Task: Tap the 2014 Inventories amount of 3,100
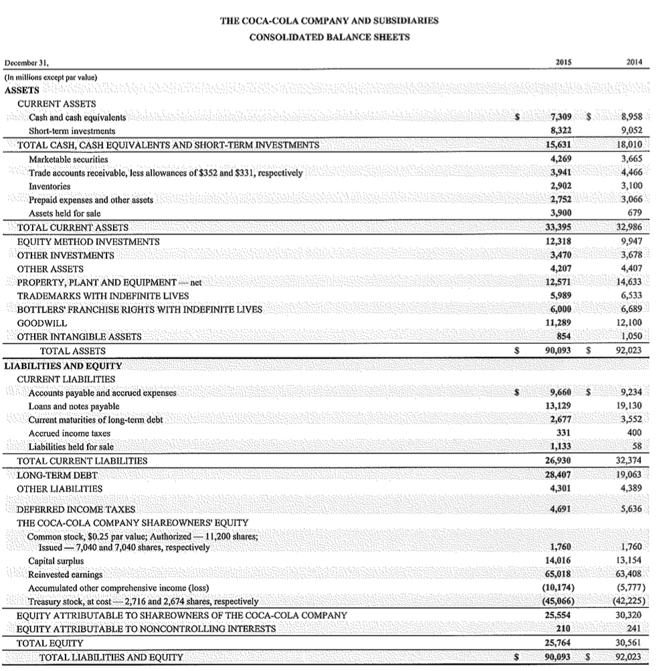pyautogui.click(x=632, y=186)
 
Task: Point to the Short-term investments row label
pyautogui.click(x=72, y=131)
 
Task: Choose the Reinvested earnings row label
pyautogui.click(x=66, y=575)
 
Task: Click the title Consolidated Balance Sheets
pyautogui.click(x=329, y=37)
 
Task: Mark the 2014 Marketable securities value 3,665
pyautogui.click(x=632, y=159)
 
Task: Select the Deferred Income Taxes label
pyautogui.click(x=76, y=510)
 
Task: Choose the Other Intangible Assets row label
pyautogui.click(x=79, y=337)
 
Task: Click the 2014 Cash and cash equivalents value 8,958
pyautogui.click(x=632, y=117)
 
